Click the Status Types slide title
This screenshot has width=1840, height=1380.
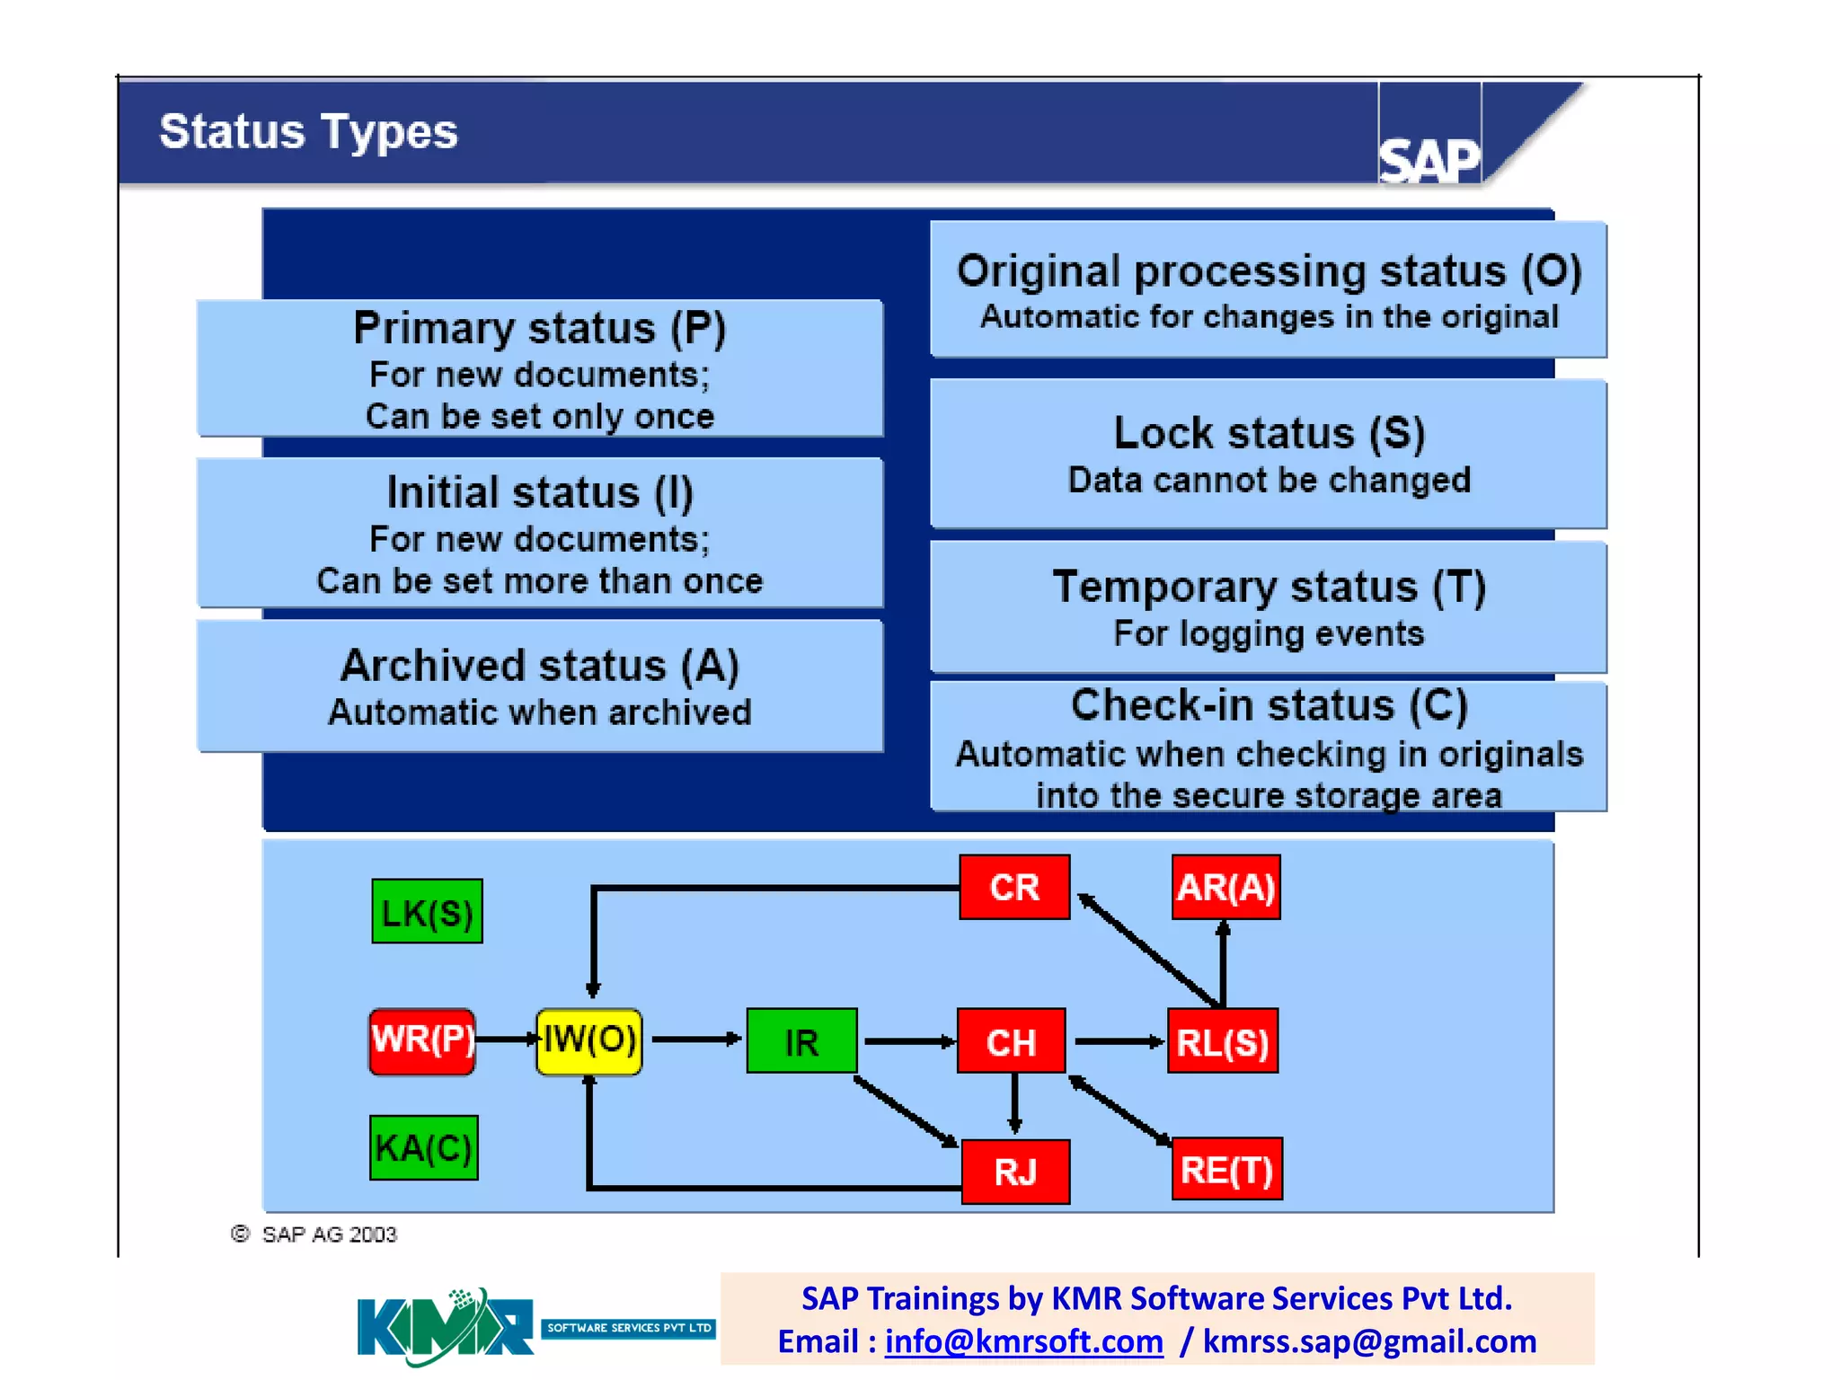click(x=308, y=132)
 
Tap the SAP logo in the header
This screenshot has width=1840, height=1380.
click(x=1429, y=160)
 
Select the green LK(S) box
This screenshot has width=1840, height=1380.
click(x=427, y=912)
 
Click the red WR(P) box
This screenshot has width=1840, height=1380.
click(x=422, y=1040)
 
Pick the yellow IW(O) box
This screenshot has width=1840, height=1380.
click(x=589, y=1040)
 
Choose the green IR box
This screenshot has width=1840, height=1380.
click(x=801, y=1041)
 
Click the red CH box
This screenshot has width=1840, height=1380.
click(x=1012, y=1041)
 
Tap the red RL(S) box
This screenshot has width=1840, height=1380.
click(x=1223, y=1041)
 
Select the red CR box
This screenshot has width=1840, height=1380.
click(x=1014, y=888)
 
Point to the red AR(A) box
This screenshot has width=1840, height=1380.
click(x=1225, y=888)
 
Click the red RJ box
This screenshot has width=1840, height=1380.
click(x=1015, y=1172)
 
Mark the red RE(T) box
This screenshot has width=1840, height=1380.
click(x=1227, y=1170)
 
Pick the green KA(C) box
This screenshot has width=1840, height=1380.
click(x=424, y=1147)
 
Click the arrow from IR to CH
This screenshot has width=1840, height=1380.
click(x=907, y=1041)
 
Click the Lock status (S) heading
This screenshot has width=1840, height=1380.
click(x=1269, y=433)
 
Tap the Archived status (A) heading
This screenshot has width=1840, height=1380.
click(x=540, y=666)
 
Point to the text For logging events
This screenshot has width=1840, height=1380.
click(x=1269, y=634)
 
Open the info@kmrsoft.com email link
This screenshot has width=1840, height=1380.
click(x=1023, y=1341)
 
